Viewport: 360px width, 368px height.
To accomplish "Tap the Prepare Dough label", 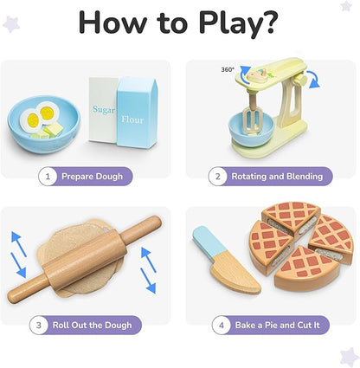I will click(91, 177).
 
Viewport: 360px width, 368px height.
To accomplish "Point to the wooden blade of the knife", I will click(230, 277).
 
